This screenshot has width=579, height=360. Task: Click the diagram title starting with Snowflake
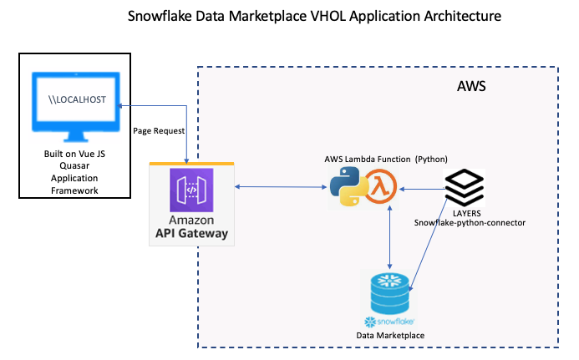(x=292, y=16)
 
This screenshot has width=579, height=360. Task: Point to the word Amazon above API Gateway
(x=191, y=220)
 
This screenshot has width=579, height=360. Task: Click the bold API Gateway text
(x=191, y=234)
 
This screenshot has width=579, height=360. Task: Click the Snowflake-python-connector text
(x=470, y=224)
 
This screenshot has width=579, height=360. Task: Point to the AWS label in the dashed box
(x=470, y=87)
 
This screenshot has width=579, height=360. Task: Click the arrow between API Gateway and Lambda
(x=279, y=187)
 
